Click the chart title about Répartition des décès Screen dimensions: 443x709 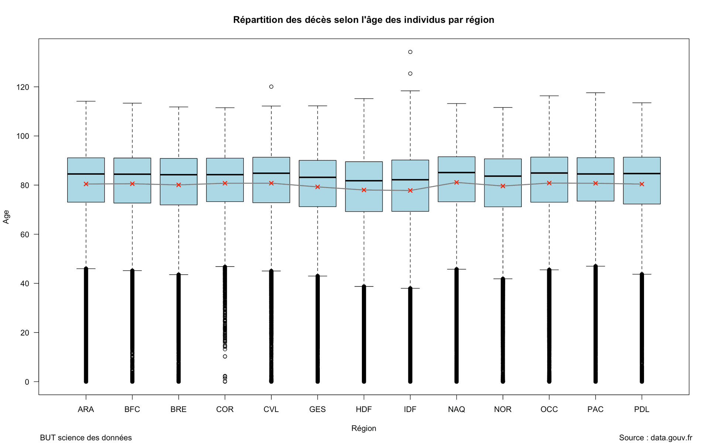pyautogui.click(x=363, y=20)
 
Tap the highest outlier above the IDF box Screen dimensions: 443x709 pyautogui.click(x=410, y=52)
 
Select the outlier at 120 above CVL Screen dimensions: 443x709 pyautogui.click(x=271, y=87)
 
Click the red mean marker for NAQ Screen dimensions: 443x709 pyautogui.click(x=456, y=182)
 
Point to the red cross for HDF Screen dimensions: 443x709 pyautogui.click(x=364, y=190)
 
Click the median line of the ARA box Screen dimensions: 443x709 pyautogui.click(x=86, y=174)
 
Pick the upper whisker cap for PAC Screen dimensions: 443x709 pyautogui.click(x=595, y=93)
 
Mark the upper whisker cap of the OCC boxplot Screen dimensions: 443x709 pyautogui.click(x=549, y=96)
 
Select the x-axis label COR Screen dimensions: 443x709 pyautogui.click(x=225, y=409)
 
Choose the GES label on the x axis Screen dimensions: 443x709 pyautogui.click(x=318, y=409)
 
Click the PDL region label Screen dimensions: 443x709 pyautogui.click(x=641, y=409)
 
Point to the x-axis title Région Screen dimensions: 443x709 pyautogui.click(x=364, y=428)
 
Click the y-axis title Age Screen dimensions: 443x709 pyautogui.click(x=6, y=217)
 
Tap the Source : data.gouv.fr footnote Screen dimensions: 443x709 pyautogui.click(x=655, y=438)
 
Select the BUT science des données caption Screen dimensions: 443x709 pyautogui.click(x=86, y=438)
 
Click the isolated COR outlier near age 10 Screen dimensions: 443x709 pyautogui.click(x=225, y=357)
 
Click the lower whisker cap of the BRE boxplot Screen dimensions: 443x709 pyautogui.click(x=179, y=275)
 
